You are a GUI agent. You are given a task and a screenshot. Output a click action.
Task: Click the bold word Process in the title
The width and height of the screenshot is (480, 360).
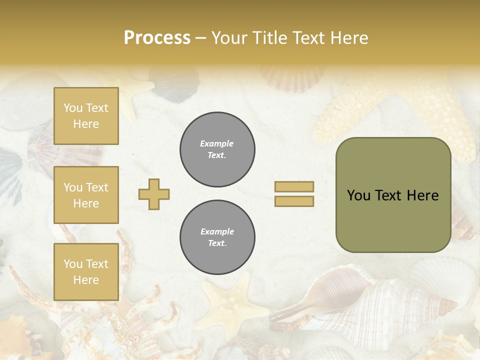[x=157, y=37]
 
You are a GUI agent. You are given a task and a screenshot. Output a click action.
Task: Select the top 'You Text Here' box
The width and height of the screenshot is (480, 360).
[x=86, y=116]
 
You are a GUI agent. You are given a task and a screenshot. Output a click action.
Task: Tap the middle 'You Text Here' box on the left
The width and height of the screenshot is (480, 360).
[x=86, y=195]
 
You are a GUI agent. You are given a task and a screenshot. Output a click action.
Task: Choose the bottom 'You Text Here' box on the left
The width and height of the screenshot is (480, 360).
[x=86, y=271]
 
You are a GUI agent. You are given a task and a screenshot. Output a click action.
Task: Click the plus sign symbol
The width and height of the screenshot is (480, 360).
[x=154, y=194]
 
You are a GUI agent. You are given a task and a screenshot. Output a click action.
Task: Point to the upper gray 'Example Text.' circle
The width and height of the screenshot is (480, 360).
[x=217, y=149]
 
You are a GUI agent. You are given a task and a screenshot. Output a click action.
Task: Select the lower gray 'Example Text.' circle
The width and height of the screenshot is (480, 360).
[x=217, y=237]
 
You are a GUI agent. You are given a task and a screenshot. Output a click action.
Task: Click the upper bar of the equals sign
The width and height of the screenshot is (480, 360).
[x=294, y=186]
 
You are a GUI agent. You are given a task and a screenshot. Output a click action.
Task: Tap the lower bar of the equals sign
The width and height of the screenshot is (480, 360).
[x=294, y=201]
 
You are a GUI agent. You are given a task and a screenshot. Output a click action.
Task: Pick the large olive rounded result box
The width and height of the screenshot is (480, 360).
[x=393, y=195]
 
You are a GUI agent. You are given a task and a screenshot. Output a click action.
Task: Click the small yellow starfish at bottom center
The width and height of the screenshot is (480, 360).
[x=227, y=300]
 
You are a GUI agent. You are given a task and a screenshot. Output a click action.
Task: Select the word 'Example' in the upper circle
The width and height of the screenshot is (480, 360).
[x=217, y=143]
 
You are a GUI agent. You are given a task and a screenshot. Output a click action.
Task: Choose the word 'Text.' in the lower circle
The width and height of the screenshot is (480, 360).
[x=217, y=243]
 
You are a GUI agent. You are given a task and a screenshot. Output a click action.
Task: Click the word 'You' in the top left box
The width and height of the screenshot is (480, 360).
[x=73, y=108]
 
